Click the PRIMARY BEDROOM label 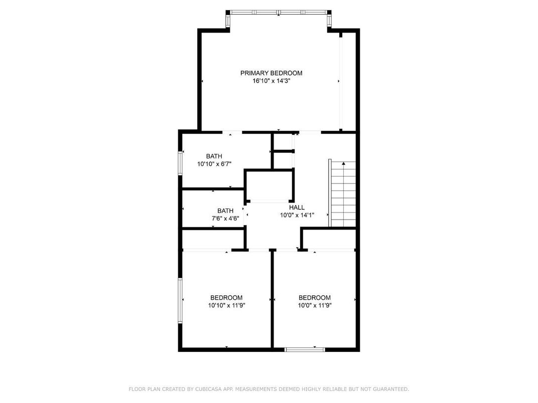tap(271, 73)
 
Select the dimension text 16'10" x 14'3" tap(271, 81)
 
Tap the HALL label tap(297, 207)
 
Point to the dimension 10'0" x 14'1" tap(297, 215)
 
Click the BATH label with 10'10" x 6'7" tap(214, 156)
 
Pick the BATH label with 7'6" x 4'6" tap(225, 211)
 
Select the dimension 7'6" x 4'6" tap(225, 219)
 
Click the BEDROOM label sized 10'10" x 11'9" tap(226, 297)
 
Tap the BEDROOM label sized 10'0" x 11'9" tap(315, 297)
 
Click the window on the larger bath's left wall tap(180, 162)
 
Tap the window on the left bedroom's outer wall tap(180, 299)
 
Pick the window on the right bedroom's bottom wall tap(305, 349)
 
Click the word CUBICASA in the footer tap(204, 389)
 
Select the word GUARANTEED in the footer tap(390, 389)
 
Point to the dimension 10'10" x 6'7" tap(214, 164)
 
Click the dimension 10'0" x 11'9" tap(315, 305)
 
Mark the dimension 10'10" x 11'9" tap(226, 305)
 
